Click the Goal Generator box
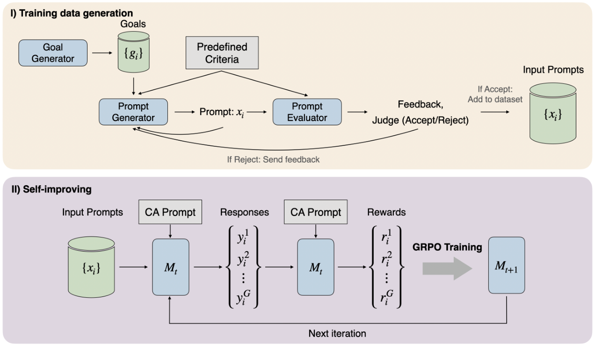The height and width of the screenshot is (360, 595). coord(53,53)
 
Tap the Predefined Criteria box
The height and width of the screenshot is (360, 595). coord(222,53)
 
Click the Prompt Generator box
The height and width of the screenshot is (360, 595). coord(133,112)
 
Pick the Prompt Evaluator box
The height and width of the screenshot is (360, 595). coord(307,112)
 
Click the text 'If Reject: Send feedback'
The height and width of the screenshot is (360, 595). coord(273,159)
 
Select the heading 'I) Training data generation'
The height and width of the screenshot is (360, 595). coord(72,13)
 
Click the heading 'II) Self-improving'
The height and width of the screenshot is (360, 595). coord(51,189)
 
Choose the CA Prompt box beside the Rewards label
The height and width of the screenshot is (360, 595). coord(316,212)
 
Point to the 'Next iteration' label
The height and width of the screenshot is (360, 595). coord(337,333)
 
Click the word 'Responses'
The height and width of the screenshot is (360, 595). coord(245,212)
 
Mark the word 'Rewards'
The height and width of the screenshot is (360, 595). coord(387,212)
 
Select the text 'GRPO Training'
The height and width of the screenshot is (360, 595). coord(447,247)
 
